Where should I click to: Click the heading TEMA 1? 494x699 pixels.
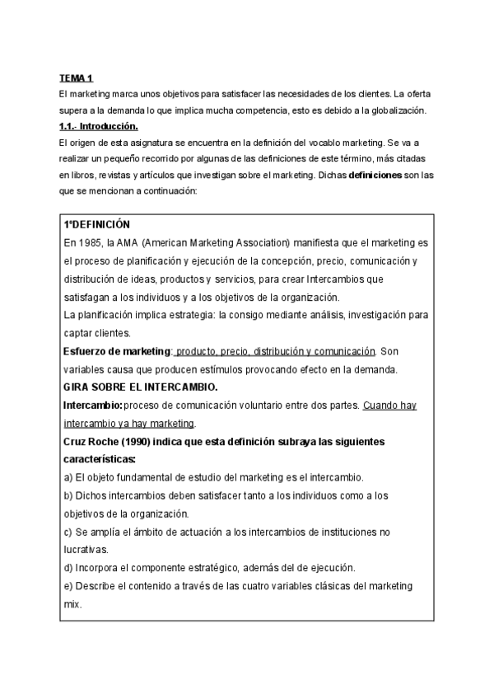coord(77,78)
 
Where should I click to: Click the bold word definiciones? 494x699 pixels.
coord(375,175)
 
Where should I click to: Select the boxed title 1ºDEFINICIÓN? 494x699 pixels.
coord(97,225)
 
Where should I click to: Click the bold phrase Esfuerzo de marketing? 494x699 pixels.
coord(118,351)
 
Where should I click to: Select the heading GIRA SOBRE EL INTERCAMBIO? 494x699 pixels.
coord(141,387)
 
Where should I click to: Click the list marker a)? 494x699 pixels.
coord(68,478)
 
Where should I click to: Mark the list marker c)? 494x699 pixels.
coord(68,532)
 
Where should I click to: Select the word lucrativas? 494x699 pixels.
coord(86,550)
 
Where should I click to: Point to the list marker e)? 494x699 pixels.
coord(68,586)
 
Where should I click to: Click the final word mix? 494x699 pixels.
coord(72,603)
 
